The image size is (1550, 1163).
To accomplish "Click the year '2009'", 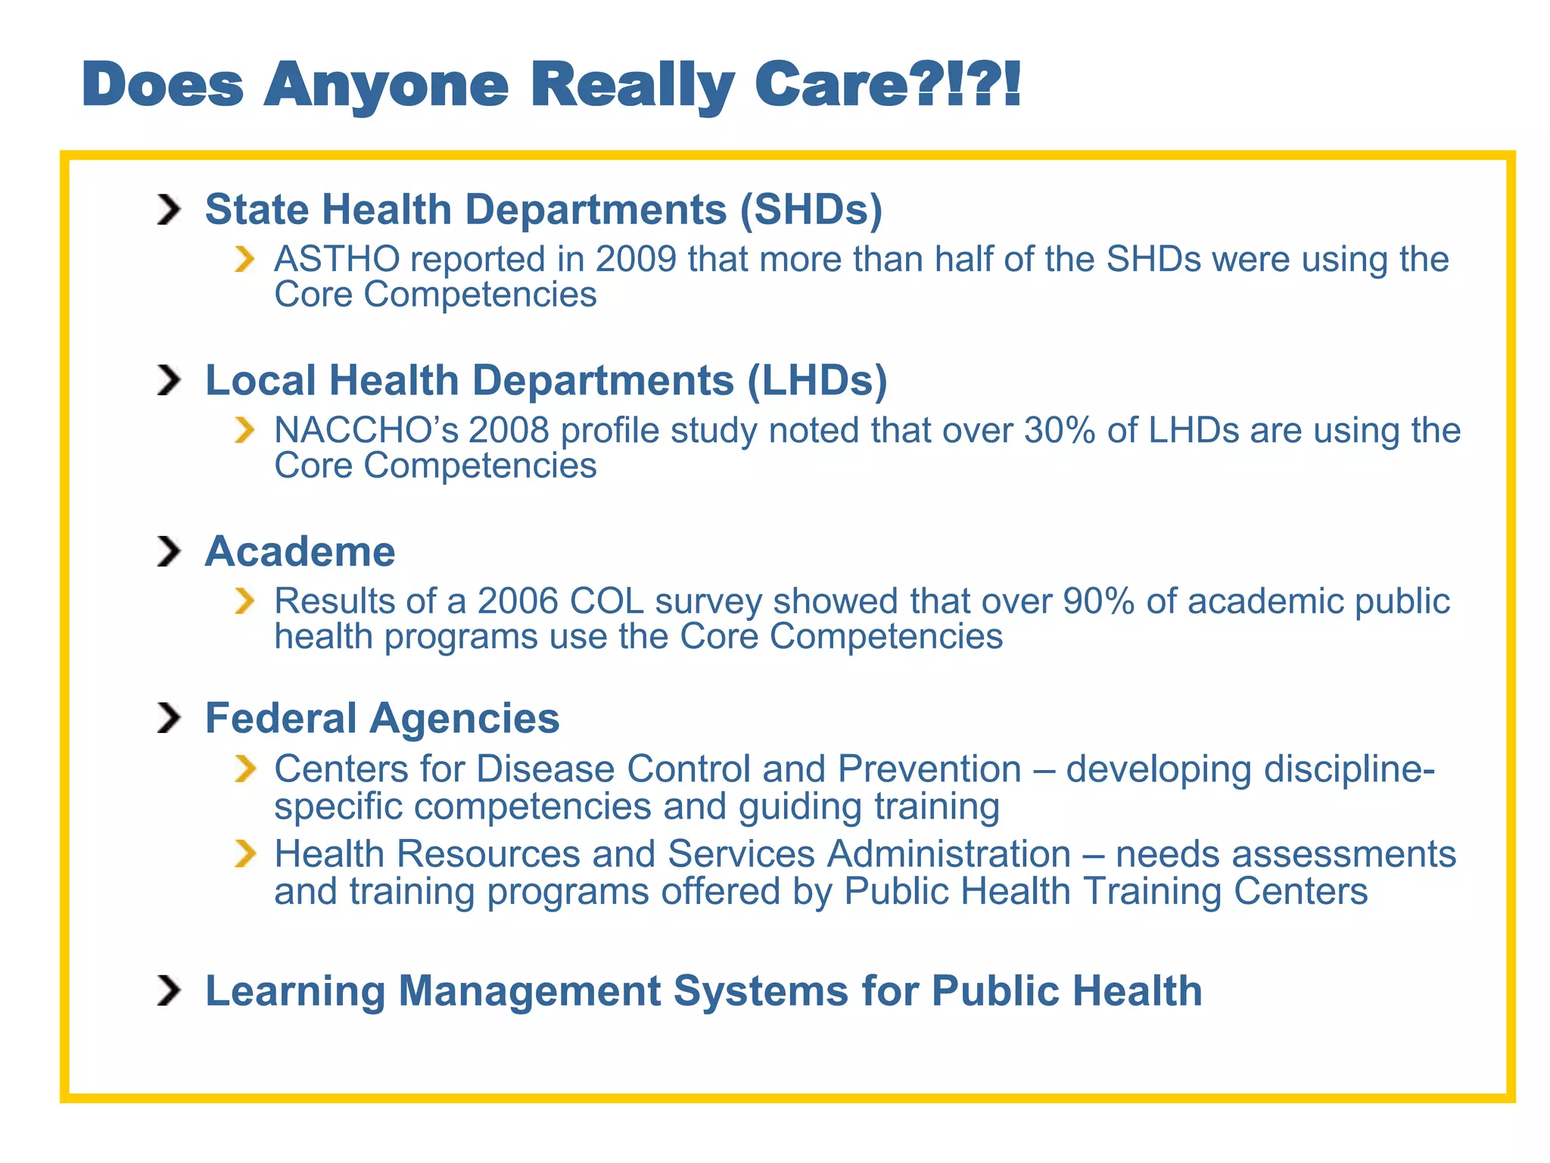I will pyautogui.click(x=636, y=259).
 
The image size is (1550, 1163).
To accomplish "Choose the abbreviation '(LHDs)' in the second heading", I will pyautogui.click(x=817, y=380).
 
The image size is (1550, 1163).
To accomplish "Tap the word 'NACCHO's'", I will pyautogui.click(x=366, y=430).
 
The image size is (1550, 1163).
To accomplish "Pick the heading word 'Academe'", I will pyautogui.click(x=300, y=551).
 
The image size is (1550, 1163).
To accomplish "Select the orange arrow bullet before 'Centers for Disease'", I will pyautogui.click(x=244, y=769).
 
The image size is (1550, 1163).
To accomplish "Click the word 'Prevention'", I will pyautogui.click(x=929, y=769).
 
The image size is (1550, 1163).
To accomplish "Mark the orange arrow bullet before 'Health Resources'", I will pyautogui.click(x=244, y=854).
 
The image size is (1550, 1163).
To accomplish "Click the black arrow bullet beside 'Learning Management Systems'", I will pyautogui.click(x=169, y=990).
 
